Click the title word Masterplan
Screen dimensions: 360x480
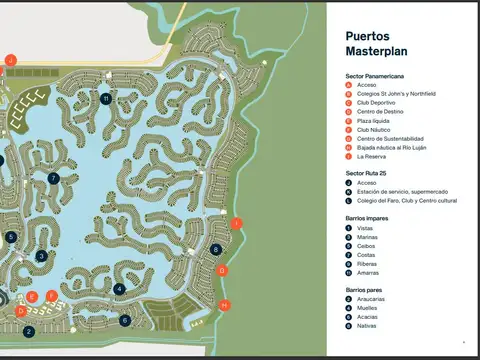375,50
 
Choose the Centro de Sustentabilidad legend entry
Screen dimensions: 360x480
390,138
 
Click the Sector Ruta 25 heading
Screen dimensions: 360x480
370,173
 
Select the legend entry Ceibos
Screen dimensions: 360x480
367,246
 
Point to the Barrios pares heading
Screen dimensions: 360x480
365,289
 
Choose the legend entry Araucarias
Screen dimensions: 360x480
373,298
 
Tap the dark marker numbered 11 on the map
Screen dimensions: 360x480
106,98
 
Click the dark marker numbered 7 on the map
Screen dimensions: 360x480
53,178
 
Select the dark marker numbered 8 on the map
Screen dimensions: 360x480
217,249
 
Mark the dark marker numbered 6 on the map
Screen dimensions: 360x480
125,320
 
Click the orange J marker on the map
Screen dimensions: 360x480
10,60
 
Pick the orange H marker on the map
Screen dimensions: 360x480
225,304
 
